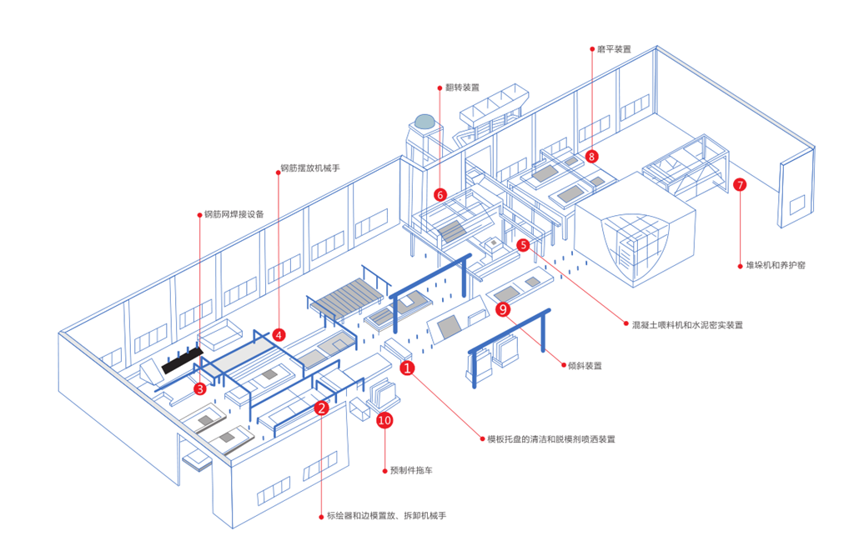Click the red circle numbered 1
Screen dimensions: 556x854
click(408, 367)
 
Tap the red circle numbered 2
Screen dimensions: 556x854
click(321, 408)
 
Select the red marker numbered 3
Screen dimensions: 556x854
click(200, 388)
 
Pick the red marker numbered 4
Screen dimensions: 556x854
click(279, 334)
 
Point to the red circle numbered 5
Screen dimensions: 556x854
click(523, 245)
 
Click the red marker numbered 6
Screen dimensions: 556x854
click(440, 194)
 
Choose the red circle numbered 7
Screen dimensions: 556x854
click(739, 185)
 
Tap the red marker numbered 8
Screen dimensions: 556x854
click(591, 156)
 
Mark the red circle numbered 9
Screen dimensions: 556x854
click(502, 309)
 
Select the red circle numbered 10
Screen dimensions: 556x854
click(384, 420)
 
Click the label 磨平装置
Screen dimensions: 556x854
click(614, 49)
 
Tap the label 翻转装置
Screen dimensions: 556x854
click(462, 87)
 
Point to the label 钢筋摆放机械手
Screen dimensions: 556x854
click(309, 168)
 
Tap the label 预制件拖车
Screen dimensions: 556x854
click(411, 471)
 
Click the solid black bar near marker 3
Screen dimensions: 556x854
click(183, 359)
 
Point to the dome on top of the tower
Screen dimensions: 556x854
click(424, 121)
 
